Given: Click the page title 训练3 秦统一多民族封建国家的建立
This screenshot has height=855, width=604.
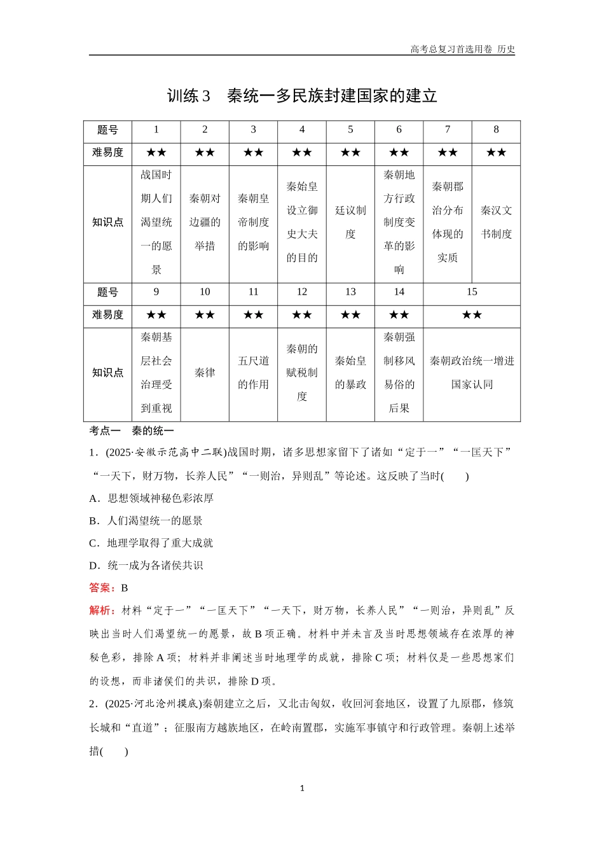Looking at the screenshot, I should [302, 96].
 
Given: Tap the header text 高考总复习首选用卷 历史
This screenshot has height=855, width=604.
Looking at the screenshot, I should [462, 49].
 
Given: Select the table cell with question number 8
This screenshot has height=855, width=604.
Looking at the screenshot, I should [496, 130].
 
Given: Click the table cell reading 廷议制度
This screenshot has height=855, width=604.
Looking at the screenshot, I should [350, 222].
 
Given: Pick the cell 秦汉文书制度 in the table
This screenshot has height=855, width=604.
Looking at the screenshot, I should [496, 222].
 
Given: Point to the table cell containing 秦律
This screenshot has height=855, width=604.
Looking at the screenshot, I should [205, 373].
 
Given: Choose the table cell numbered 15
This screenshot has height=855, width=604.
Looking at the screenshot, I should [472, 292].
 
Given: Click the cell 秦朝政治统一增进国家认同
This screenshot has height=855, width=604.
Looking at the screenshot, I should [472, 373].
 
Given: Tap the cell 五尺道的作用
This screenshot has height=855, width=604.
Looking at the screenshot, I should [253, 373].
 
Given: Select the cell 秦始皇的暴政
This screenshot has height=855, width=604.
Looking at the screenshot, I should [350, 373].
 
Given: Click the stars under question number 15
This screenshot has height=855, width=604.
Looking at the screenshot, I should [472, 315].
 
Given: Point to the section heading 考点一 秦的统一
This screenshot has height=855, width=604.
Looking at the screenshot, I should [132, 431].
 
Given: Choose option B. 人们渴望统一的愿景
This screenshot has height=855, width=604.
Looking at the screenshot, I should [146, 521].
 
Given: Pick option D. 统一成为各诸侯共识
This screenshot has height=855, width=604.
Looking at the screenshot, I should [146, 566].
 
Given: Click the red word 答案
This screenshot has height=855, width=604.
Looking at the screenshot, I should [102, 588].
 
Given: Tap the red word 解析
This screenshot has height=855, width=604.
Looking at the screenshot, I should [102, 611].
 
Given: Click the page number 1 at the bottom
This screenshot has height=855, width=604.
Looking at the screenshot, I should [302, 788].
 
